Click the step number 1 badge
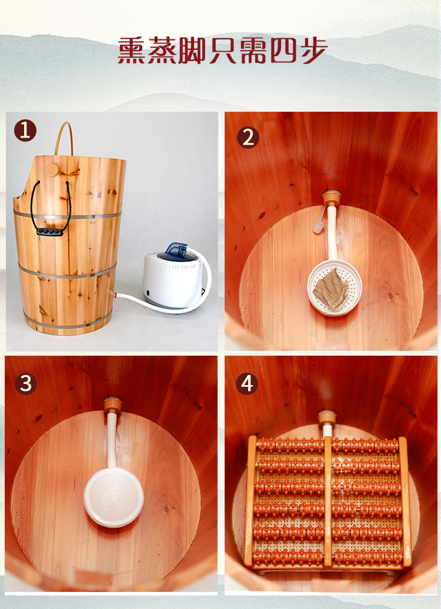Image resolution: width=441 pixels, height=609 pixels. [25, 130]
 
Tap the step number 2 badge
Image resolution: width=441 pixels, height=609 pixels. [248, 138]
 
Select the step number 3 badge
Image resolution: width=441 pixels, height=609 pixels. [26, 384]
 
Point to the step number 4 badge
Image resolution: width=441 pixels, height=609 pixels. [247, 384]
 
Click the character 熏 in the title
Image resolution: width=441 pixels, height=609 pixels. [131, 51]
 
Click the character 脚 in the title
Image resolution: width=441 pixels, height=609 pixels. [192, 51]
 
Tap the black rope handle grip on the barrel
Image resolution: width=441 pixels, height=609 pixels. [50, 232]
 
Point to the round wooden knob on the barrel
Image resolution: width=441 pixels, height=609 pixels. [52, 169]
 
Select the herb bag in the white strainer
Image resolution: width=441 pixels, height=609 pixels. [330, 289]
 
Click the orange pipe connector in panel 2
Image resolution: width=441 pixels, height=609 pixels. [332, 198]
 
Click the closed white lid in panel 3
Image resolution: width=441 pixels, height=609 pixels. [114, 498]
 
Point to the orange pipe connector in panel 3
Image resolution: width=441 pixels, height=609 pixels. [113, 405]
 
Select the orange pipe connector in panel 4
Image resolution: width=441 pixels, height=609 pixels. [327, 418]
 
